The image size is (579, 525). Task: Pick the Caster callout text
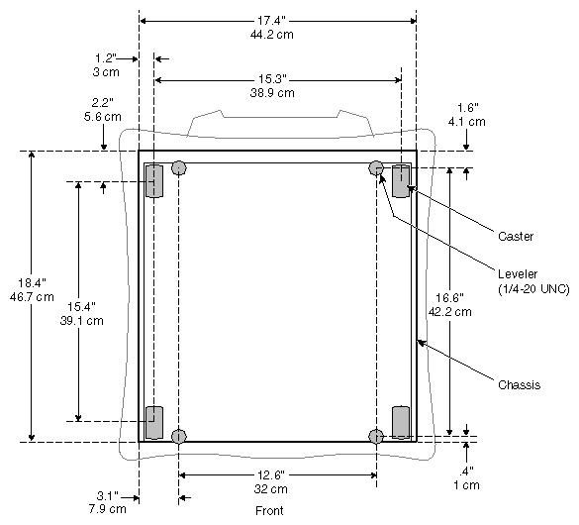coord(515,236)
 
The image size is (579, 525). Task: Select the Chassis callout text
coord(517,384)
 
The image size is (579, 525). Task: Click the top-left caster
coord(155,182)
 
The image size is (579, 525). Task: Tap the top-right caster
coord(401,181)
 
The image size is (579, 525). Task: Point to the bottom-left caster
coord(155,422)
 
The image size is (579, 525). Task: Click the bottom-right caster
coord(401,421)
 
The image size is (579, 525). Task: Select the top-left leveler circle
coord(178,167)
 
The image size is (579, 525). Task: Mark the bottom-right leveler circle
coord(376,437)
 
